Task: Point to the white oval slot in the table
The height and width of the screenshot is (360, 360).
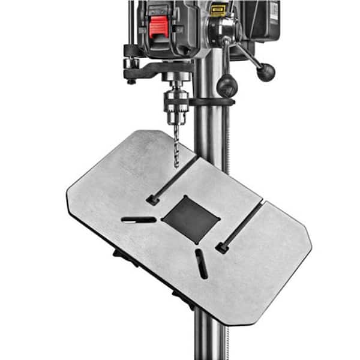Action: tap(139, 220)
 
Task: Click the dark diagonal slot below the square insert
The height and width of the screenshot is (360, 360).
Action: tap(202, 264)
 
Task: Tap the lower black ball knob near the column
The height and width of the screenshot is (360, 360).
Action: tap(227, 86)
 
